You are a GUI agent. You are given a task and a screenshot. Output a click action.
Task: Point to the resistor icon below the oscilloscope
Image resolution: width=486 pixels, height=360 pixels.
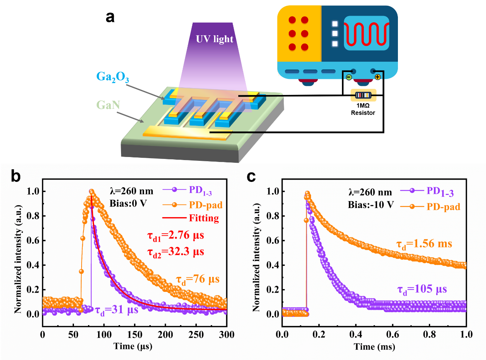click(363, 95)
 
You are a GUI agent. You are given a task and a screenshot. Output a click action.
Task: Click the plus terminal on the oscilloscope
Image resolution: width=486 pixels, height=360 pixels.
click(377, 77)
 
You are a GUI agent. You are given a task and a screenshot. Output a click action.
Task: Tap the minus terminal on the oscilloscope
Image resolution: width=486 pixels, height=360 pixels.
click(349, 77)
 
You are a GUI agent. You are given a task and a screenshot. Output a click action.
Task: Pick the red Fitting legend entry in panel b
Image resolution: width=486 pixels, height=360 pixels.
click(204, 218)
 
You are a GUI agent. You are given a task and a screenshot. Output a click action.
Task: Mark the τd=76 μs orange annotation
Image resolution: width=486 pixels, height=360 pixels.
click(198, 279)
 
